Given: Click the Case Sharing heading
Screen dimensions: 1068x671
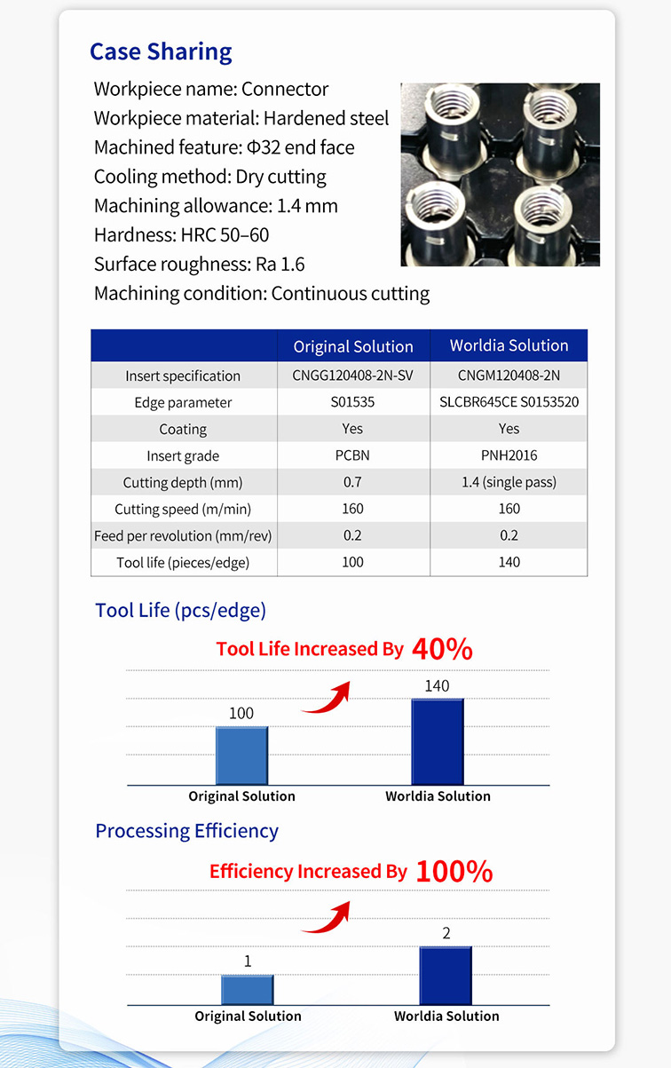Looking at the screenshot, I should click(x=161, y=51).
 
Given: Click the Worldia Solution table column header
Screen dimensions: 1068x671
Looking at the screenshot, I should click(x=509, y=345).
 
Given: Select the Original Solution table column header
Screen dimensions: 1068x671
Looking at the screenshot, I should click(x=353, y=346).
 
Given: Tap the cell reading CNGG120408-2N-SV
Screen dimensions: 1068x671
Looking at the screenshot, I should click(x=353, y=376).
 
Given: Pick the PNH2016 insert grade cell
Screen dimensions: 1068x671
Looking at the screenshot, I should click(x=509, y=455).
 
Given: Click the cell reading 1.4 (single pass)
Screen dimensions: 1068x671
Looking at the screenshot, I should click(x=509, y=482).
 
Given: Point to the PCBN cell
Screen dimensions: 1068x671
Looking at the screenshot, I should click(x=353, y=455).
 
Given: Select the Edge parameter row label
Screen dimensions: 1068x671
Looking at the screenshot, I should click(x=183, y=402).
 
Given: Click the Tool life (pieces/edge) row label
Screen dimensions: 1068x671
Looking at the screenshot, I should click(x=183, y=562).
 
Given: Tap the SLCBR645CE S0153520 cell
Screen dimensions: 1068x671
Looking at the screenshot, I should click(x=509, y=402).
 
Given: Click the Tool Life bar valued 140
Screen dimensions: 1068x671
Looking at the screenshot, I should click(x=437, y=741).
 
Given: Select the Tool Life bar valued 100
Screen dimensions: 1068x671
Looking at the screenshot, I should click(x=241, y=756).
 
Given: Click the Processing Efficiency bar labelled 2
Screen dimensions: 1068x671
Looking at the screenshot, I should click(x=446, y=976).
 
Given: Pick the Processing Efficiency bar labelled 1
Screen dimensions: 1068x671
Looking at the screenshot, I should click(x=248, y=989).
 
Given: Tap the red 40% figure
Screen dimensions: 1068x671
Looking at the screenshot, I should click(x=442, y=649).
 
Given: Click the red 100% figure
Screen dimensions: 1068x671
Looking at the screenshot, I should click(x=454, y=871).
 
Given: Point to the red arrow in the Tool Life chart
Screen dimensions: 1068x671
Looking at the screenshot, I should click(x=327, y=699).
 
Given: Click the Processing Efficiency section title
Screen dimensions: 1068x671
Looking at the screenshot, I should click(x=186, y=831).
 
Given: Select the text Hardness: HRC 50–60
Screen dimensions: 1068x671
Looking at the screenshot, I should click(x=181, y=235).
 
